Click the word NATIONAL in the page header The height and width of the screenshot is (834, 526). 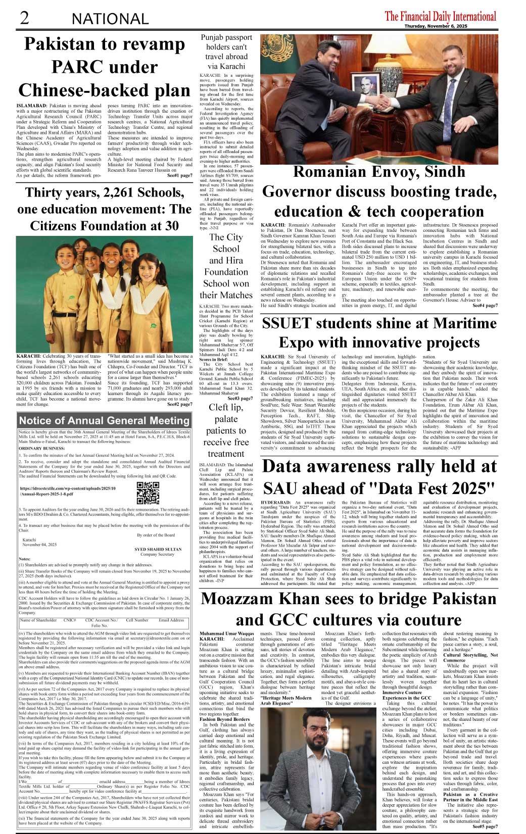tap(110, 19)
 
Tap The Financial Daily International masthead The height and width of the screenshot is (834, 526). tap(440, 16)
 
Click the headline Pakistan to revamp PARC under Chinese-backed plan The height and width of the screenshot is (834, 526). tap(105, 67)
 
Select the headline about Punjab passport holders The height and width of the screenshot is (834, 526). tap(226, 52)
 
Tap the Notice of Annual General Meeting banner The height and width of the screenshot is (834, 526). tap(104, 420)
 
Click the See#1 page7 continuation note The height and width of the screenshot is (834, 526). tap(180, 175)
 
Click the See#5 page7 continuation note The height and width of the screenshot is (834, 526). tap(485, 827)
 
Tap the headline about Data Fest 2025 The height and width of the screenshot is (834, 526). tap(379, 476)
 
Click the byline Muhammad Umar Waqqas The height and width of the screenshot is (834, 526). tap(227, 633)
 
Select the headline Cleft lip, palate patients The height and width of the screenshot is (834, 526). tap(226, 430)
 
